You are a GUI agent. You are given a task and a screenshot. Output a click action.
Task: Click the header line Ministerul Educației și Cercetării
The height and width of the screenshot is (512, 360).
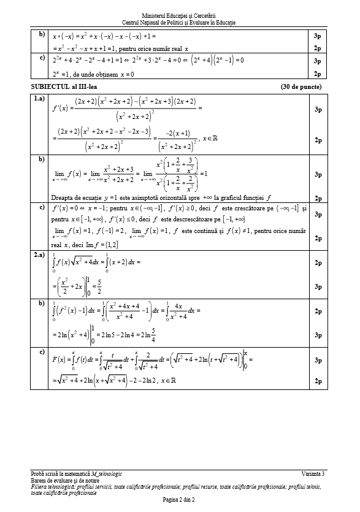tap(180, 15)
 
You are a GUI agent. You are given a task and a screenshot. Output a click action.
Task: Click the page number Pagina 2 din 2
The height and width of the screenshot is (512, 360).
tap(180, 500)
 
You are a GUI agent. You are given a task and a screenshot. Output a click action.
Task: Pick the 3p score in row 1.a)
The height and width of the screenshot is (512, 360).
tap(318, 110)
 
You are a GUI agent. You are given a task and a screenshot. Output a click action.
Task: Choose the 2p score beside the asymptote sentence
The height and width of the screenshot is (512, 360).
tap(318, 198)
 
